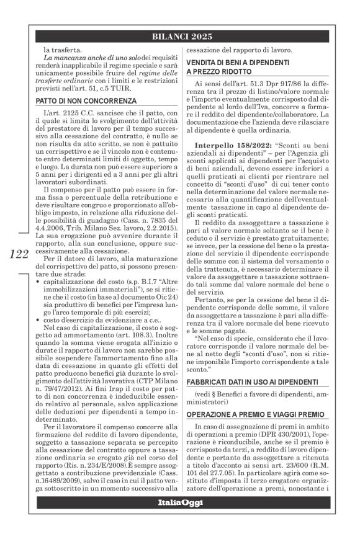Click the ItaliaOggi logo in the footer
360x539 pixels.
click(x=179, y=518)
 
